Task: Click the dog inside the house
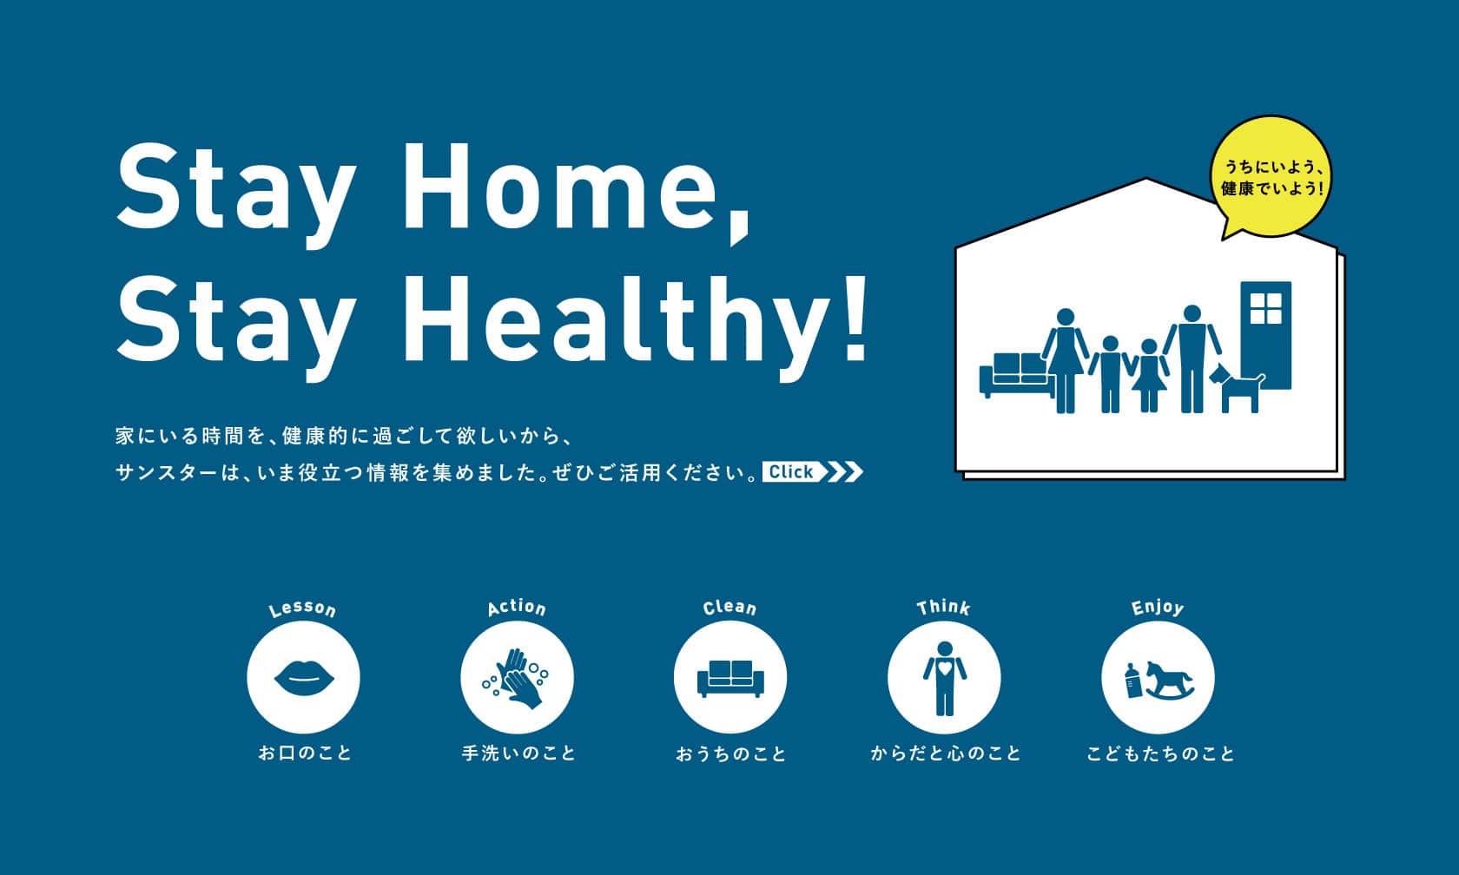click(1237, 389)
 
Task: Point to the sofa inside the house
click(1016, 373)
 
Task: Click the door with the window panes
click(1265, 335)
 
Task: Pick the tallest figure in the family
click(1192, 359)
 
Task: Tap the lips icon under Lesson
click(304, 677)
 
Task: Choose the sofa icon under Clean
click(730, 679)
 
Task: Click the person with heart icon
click(945, 679)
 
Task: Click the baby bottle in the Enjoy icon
click(1133, 681)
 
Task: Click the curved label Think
click(944, 608)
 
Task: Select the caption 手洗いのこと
click(518, 753)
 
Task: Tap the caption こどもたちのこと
click(1160, 753)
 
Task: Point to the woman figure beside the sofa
click(1065, 361)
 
